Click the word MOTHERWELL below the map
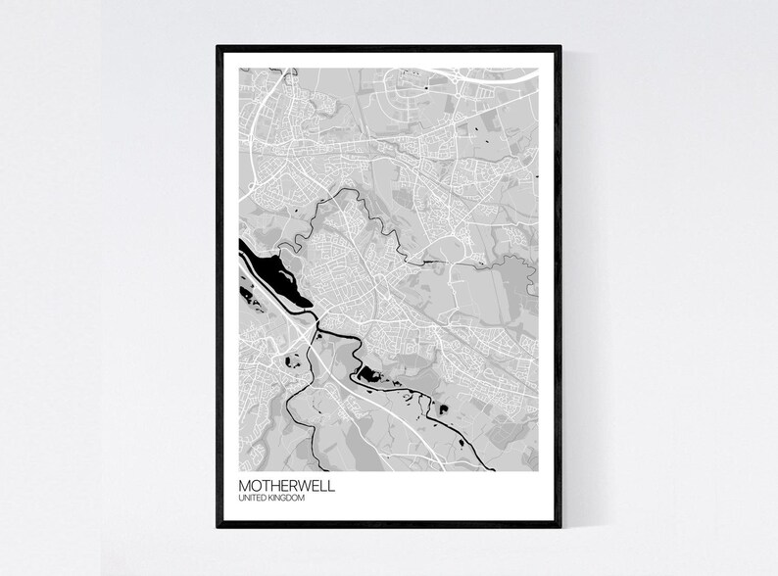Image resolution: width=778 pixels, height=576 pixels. pos(285,486)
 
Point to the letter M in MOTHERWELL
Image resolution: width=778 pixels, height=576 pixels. pos(245,486)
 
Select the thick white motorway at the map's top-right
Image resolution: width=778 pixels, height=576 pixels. pos(490,73)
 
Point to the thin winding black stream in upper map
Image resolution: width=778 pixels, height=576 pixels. pos(363,211)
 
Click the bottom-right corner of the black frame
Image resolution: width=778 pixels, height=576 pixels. pos(560,526)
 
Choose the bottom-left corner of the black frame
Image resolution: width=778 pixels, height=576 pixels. pos(218,526)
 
